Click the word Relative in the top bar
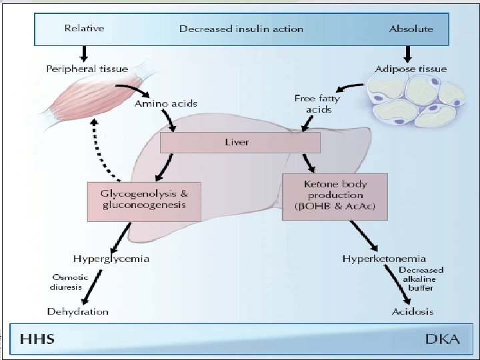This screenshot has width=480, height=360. coord(85,28)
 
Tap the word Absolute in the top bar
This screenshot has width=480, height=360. coord(411,29)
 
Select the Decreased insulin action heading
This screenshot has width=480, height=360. coord(241,29)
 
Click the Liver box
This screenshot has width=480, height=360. coord(240,143)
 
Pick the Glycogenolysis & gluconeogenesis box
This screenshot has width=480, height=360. coord(144,202)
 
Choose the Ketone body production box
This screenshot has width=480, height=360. coord(335,197)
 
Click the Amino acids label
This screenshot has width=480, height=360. coord(166,103)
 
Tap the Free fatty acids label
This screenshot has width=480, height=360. coord(317,104)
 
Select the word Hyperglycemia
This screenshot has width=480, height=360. coord(111,259)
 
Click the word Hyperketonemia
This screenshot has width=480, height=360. coord(384,259)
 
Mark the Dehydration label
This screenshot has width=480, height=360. coord(78,311)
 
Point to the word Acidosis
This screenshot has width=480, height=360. coord(413,311)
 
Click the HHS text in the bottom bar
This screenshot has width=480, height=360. coord(37,339)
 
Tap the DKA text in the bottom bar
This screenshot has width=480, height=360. coord(443,339)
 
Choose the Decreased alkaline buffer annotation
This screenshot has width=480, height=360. coord(421,279)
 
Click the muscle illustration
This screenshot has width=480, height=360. coord(95,97)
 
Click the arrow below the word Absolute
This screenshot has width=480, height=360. coord(407,54)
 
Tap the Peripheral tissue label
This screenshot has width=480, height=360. coord(87,69)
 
